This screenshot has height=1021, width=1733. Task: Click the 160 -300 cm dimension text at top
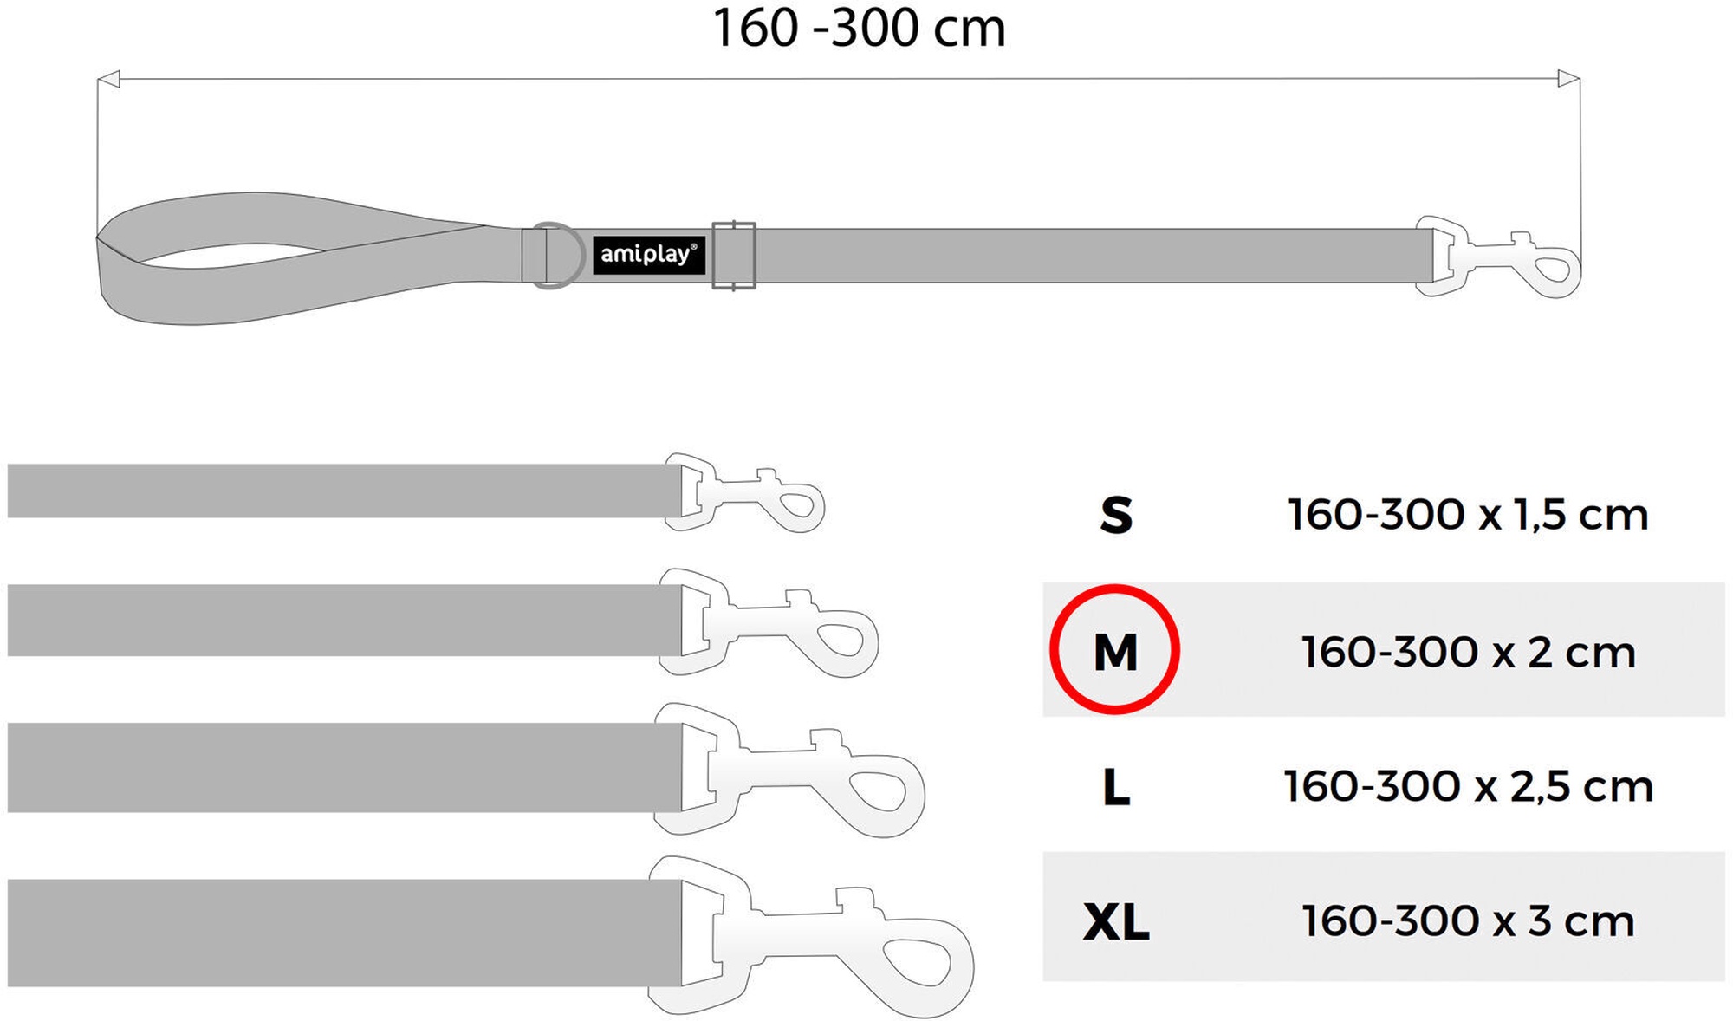pos(859,28)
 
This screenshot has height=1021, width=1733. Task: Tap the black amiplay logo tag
pos(649,255)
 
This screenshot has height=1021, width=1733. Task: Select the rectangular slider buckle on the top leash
pos(734,256)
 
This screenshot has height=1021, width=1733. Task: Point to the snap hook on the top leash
pos(1497,257)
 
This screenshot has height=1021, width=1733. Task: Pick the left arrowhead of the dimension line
pos(107,80)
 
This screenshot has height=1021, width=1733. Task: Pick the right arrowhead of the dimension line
pos(1569,79)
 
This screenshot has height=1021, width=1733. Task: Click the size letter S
pos(1116,515)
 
